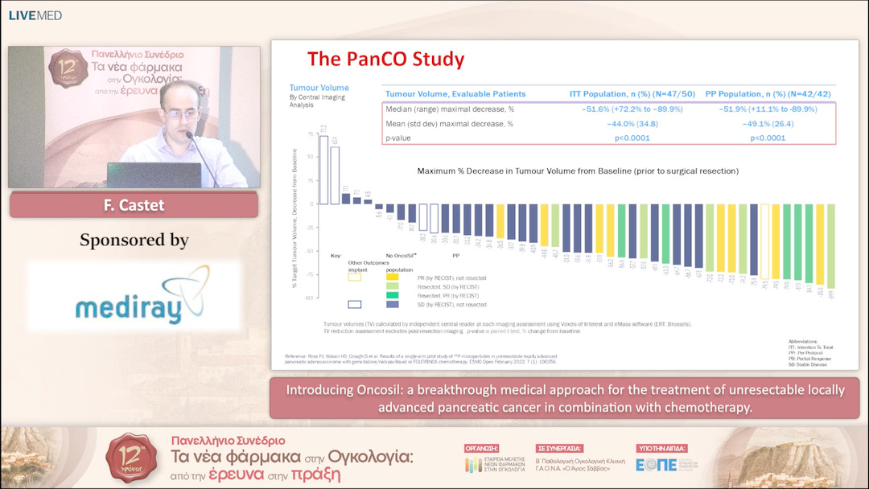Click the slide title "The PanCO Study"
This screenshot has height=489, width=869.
point(385,60)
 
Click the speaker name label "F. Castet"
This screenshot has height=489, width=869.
point(134,205)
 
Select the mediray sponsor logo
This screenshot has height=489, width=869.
point(134,298)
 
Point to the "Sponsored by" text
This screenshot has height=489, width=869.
point(134,240)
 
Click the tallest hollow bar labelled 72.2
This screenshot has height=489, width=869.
point(323,165)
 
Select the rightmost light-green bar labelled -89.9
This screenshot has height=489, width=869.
point(830,245)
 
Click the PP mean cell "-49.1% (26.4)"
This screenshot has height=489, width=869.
point(767,124)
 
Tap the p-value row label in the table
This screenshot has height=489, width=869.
point(400,138)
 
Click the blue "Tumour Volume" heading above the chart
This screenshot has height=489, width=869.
point(319,88)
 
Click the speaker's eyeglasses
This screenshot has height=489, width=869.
point(181,113)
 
